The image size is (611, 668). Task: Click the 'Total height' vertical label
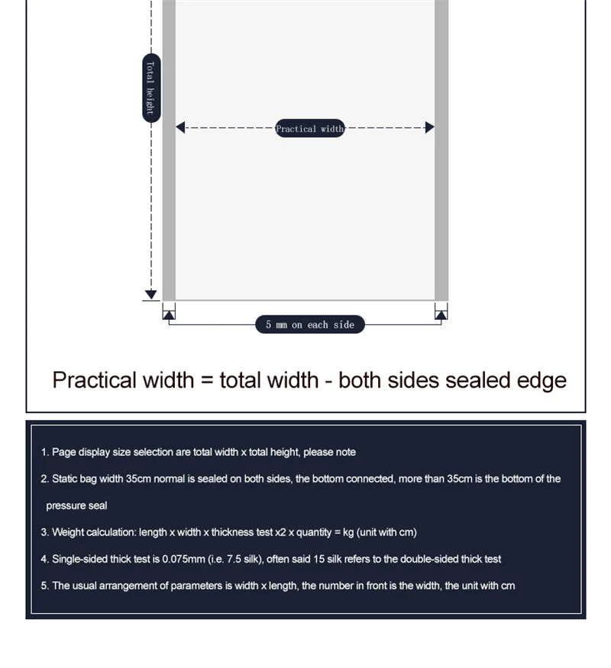click(x=151, y=88)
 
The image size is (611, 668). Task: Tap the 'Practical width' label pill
click(x=309, y=128)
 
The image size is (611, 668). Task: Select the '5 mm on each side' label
click(x=309, y=324)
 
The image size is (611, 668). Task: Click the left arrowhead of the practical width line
click(x=181, y=127)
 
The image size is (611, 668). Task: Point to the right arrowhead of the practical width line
click(x=429, y=127)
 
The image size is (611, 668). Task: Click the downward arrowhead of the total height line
click(x=150, y=295)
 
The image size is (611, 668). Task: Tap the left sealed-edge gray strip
click(x=169, y=153)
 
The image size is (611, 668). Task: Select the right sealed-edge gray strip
click(x=441, y=153)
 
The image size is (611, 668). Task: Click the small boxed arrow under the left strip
click(x=169, y=312)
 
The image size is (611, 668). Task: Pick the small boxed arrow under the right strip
click(x=441, y=312)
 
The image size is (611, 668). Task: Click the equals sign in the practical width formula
click(x=207, y=380)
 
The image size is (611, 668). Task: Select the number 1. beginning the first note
click(x=44, y=452)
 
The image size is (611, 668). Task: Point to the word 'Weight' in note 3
click(x=68, y=532)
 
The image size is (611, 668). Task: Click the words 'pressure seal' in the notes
click(x=76, y=505)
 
